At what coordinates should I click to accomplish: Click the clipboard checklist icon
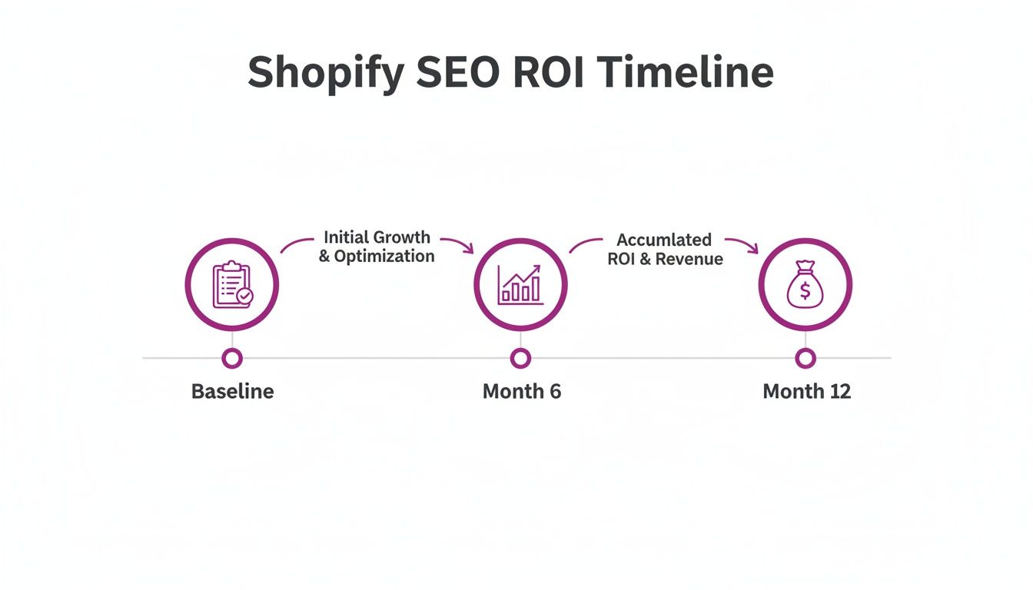coord(231,285)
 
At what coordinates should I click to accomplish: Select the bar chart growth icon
coord(520,285)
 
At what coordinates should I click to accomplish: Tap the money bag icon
coord(805,285)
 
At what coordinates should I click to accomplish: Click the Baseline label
coord(232,391)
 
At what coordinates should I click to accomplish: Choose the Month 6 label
coord(521,391)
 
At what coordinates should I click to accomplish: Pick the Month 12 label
coord(806,391)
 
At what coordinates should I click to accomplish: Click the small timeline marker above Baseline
coord(231,358)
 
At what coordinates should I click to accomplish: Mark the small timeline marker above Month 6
coord(520,358)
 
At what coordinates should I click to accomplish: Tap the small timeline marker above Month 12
coord(805,358)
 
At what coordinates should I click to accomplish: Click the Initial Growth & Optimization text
coord(377,247)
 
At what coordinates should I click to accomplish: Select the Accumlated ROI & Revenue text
coord(665,250)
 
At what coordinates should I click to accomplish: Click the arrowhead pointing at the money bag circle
coord(753,247)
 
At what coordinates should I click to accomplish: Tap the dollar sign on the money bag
coord(805,291)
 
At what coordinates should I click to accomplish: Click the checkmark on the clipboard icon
coord(244,296)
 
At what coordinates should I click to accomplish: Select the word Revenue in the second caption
coord(690,259)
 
